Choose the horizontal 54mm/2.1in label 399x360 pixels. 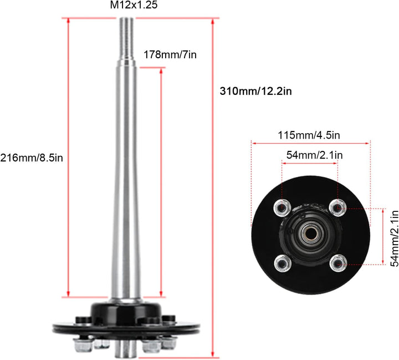click(311, 155)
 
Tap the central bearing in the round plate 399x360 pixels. click(309, 233)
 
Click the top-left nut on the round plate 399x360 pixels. click(282, 207)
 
